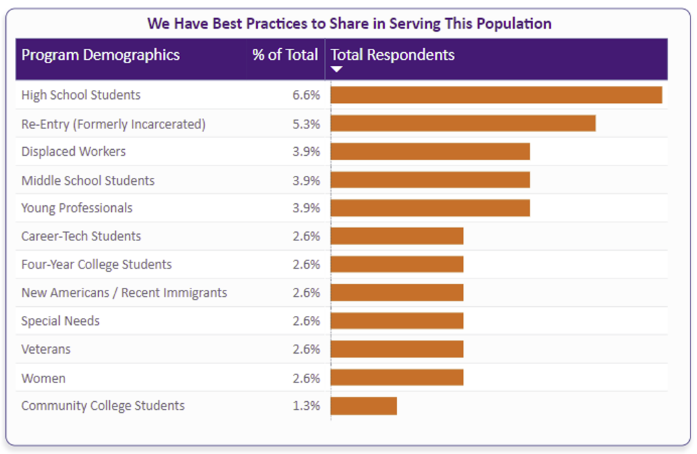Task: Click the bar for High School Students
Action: click(496, 95)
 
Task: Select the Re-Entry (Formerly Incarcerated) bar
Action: click(463, 124)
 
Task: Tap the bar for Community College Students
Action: click(363, 406)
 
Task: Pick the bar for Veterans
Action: click(397, 349)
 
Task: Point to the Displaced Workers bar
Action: click(430, 152)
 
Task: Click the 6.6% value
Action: click(306, 95)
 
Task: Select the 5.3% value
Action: click(306, 124)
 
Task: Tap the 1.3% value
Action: click(306, 406)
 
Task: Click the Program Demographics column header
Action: click(101, 55)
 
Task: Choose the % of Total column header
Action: click(285, 55)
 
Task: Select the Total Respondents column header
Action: click(393, 55)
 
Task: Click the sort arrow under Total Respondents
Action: click(337, 69)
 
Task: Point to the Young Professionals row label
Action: click(77, 208)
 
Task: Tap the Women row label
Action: click(44, 378)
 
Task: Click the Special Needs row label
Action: click(60, 321)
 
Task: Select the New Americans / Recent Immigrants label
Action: click(124, 293)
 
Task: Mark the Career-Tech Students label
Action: click(81, 236)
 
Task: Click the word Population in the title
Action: click(514, 24)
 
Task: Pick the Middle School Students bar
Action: click(430, 180)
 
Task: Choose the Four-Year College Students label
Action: click(96, 264)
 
